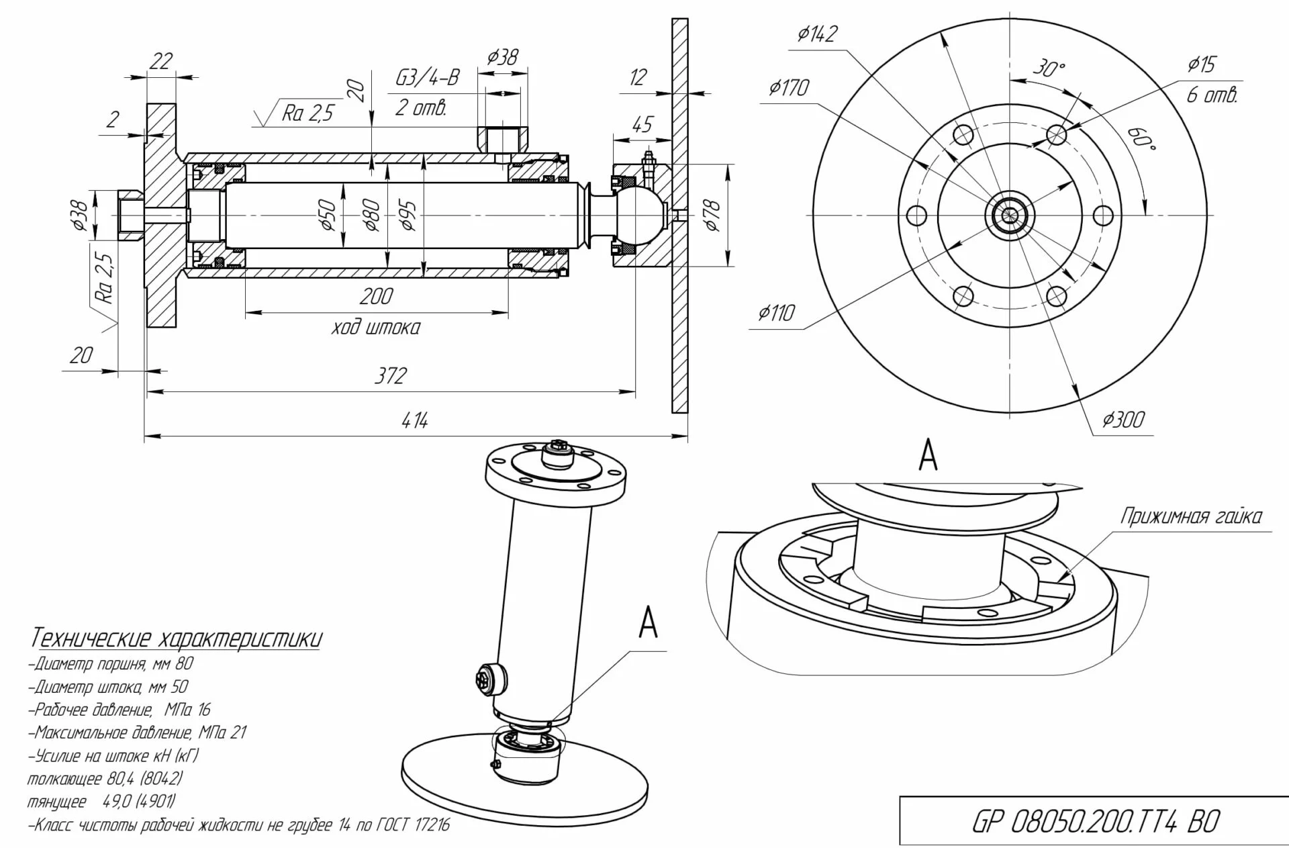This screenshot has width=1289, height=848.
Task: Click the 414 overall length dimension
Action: [414, 421]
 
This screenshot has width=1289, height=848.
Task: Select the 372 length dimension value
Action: [390, 375]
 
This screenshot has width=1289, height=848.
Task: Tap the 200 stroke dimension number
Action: [376, 296]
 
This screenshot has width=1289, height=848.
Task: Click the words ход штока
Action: [376, 328]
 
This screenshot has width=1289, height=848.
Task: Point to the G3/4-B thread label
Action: [427, 78]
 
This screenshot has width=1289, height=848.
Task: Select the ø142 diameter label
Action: [817, 34]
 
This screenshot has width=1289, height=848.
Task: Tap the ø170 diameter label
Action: [789, 87]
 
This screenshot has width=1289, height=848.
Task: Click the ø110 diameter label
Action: [776, 313]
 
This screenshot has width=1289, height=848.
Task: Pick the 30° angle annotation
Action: [1049, 68]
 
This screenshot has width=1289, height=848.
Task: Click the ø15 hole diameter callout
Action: [1201, 65]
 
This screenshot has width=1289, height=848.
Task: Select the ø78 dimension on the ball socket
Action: [713, 216]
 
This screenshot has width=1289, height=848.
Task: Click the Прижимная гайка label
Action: [1190, 516]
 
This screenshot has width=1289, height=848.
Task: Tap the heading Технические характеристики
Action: [176, 638]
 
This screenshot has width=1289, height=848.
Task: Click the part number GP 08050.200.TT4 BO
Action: [1095, 822]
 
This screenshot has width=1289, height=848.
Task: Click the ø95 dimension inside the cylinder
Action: [409, 215]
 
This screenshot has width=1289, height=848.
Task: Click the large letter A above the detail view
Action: [928, 455]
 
